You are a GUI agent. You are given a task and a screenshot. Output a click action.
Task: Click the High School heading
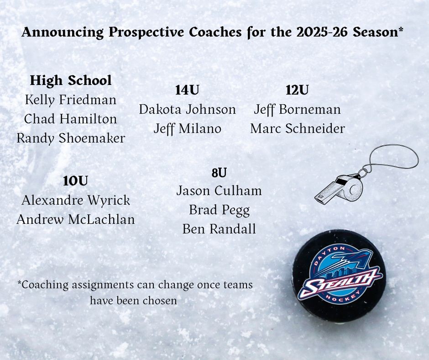tap(71, 80)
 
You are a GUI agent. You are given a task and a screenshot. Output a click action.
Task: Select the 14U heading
tap(187, 90)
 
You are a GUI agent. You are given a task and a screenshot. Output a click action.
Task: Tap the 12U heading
tap(297, 90)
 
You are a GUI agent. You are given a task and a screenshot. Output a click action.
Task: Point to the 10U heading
tap(75, 181)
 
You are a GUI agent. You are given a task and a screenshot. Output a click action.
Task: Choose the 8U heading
tap(219, 173)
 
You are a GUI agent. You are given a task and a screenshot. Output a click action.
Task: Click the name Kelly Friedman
tap(71, 100)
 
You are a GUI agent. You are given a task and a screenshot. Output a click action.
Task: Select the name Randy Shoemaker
tap(71, 138)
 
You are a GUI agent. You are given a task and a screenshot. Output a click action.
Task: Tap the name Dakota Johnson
tap(188, 109)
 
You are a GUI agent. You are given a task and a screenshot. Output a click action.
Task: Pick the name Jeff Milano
tap(188, 128)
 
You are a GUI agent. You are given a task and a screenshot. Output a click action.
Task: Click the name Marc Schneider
tap(298, 128)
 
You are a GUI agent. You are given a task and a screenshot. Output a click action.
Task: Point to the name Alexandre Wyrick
tap(75, 200)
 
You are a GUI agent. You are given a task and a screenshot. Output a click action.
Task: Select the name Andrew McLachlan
tap(76, 219)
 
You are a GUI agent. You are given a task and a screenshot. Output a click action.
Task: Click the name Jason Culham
tap(219, 191)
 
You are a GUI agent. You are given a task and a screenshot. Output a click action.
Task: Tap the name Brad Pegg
tap(219, 210)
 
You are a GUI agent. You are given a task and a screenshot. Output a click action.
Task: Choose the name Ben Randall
tap(219, 229)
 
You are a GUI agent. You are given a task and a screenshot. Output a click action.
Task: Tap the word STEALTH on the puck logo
tap(339, 282)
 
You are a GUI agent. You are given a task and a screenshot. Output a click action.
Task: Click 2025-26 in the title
tap(323, 32)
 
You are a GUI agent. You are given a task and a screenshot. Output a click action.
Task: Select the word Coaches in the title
tap(215, 32)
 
